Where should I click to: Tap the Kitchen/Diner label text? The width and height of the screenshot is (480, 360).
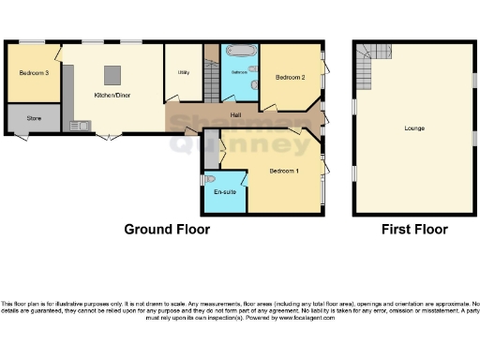coord(112,95)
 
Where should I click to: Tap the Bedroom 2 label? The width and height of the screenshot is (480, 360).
coord(291,78)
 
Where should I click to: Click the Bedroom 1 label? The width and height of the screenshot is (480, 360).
coord(282,172)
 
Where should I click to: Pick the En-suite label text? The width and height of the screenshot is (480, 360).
coord(224,192)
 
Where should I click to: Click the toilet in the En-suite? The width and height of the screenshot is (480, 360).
coord(209,178)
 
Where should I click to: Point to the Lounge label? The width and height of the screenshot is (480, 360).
coord(412,127)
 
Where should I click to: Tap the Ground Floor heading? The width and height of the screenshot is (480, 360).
coord(168,229)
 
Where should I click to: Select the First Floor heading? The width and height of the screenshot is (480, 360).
coord(413,229)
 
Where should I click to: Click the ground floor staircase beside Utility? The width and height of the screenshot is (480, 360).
coord(211,70)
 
